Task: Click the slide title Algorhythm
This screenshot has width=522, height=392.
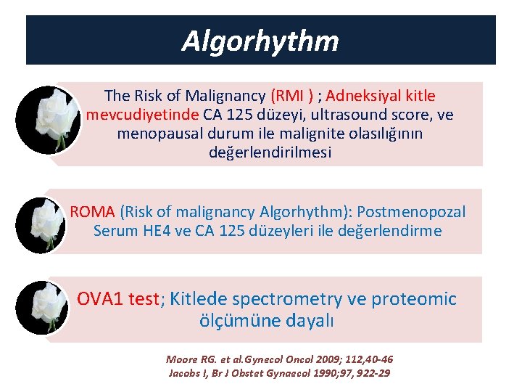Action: pos(260,41)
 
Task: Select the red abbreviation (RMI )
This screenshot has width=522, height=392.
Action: pos(292,96)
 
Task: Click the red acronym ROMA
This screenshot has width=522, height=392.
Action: pos(93,212)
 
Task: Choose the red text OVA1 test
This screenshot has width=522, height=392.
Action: pos(117,299)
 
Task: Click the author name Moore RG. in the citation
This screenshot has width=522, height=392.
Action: pos(193,359)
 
